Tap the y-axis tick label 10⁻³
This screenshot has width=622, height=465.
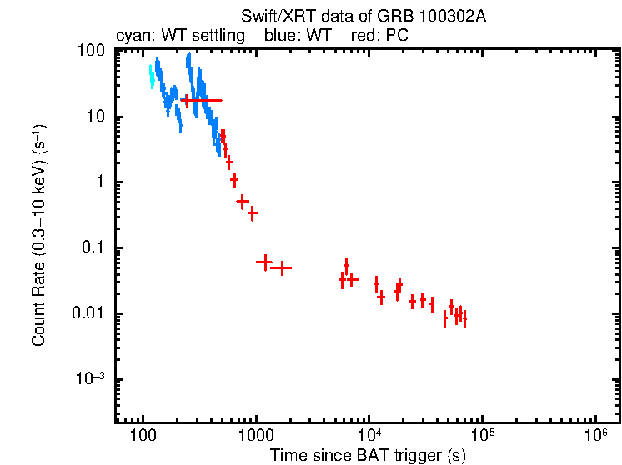tap(90, 379)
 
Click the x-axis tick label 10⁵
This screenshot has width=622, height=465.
tap(483, 436)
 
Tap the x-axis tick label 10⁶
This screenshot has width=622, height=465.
tap(595, 436)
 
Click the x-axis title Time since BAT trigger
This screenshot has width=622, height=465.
tap(367, 456)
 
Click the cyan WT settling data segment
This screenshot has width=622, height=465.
tap(152, 76)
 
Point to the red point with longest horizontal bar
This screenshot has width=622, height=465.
tap(202, 100)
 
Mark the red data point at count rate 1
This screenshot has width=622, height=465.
tap(234, 180)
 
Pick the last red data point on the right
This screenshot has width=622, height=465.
tap(464, 318)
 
